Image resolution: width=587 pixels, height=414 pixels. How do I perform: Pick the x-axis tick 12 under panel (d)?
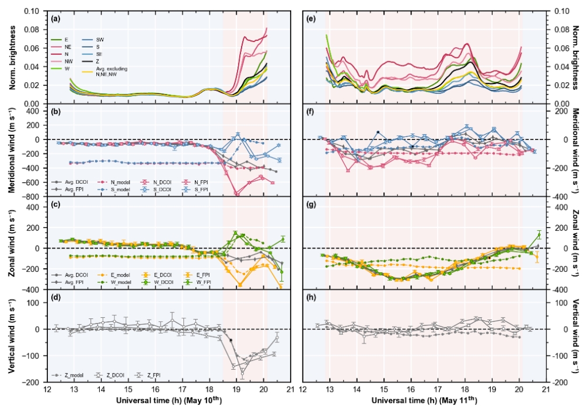coord(46,389)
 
